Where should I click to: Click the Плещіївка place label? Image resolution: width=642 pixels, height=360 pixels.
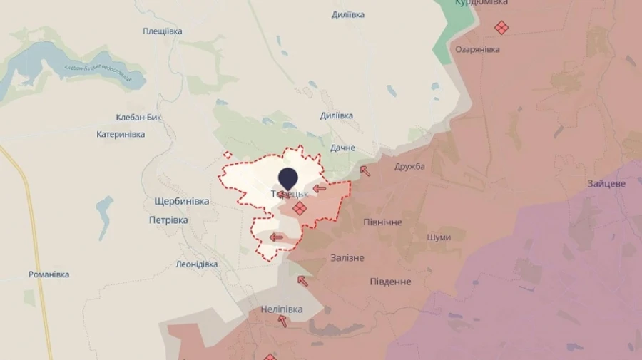click(x=162, y=31)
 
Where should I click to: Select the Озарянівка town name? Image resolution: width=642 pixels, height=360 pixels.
click(x=477, y=49)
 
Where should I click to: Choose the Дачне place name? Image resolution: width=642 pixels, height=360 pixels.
click(x=342, y=148)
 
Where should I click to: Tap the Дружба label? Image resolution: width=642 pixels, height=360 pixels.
click(x=409, y=166)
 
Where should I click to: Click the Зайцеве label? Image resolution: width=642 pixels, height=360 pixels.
click(x=606, y=183)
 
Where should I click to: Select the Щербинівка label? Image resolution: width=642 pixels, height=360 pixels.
click(x=181, y=202)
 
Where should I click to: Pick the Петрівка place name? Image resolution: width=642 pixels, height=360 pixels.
click(x=168, y=220)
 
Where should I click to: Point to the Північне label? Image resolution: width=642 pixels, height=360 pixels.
click(x=382, y=222)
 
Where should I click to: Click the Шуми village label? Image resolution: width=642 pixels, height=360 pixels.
click(x=439, y=237)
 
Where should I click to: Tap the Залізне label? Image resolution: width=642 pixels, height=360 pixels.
click(x=347, y=258)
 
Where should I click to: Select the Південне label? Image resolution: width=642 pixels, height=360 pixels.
click(x=390, y=282)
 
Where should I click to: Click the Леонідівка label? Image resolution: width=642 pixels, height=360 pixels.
click(x=196, y=264)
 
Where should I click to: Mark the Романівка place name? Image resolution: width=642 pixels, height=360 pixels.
click(x=49, y=274)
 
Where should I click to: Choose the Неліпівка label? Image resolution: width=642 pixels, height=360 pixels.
click(x=281, y=309)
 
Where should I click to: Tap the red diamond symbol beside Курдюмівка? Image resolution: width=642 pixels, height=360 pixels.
click(x=501, y=28)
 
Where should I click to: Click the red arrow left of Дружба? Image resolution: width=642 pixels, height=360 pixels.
click(x=365, y=170)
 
